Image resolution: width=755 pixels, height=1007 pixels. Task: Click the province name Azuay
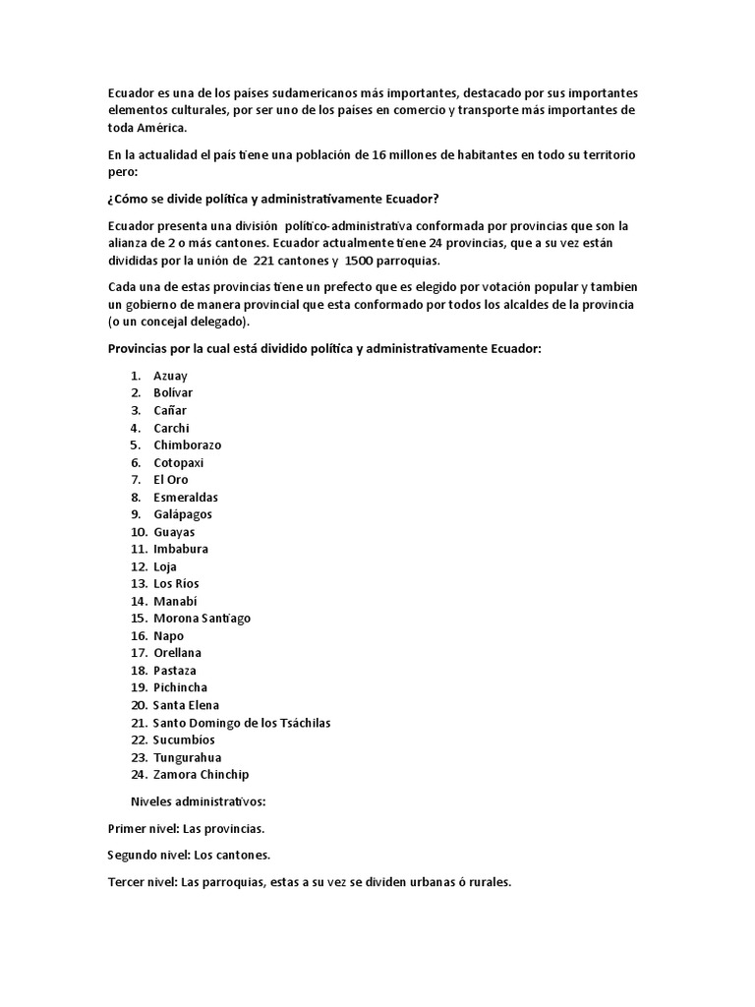click(170, 376)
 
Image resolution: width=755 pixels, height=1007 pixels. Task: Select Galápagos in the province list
click(182, 514)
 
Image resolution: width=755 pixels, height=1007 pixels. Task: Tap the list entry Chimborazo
click(188, 444)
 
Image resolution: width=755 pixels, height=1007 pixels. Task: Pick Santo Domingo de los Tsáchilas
click(242, 723)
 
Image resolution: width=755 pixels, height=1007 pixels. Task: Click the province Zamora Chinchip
click(202, 775)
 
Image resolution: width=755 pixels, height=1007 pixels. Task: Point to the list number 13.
click(138, 584)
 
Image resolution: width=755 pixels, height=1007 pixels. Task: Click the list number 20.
click(138, 705)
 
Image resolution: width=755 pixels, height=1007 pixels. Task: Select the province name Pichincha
click(180, 687)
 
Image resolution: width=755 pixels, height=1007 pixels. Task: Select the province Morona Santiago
click(202, 619)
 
